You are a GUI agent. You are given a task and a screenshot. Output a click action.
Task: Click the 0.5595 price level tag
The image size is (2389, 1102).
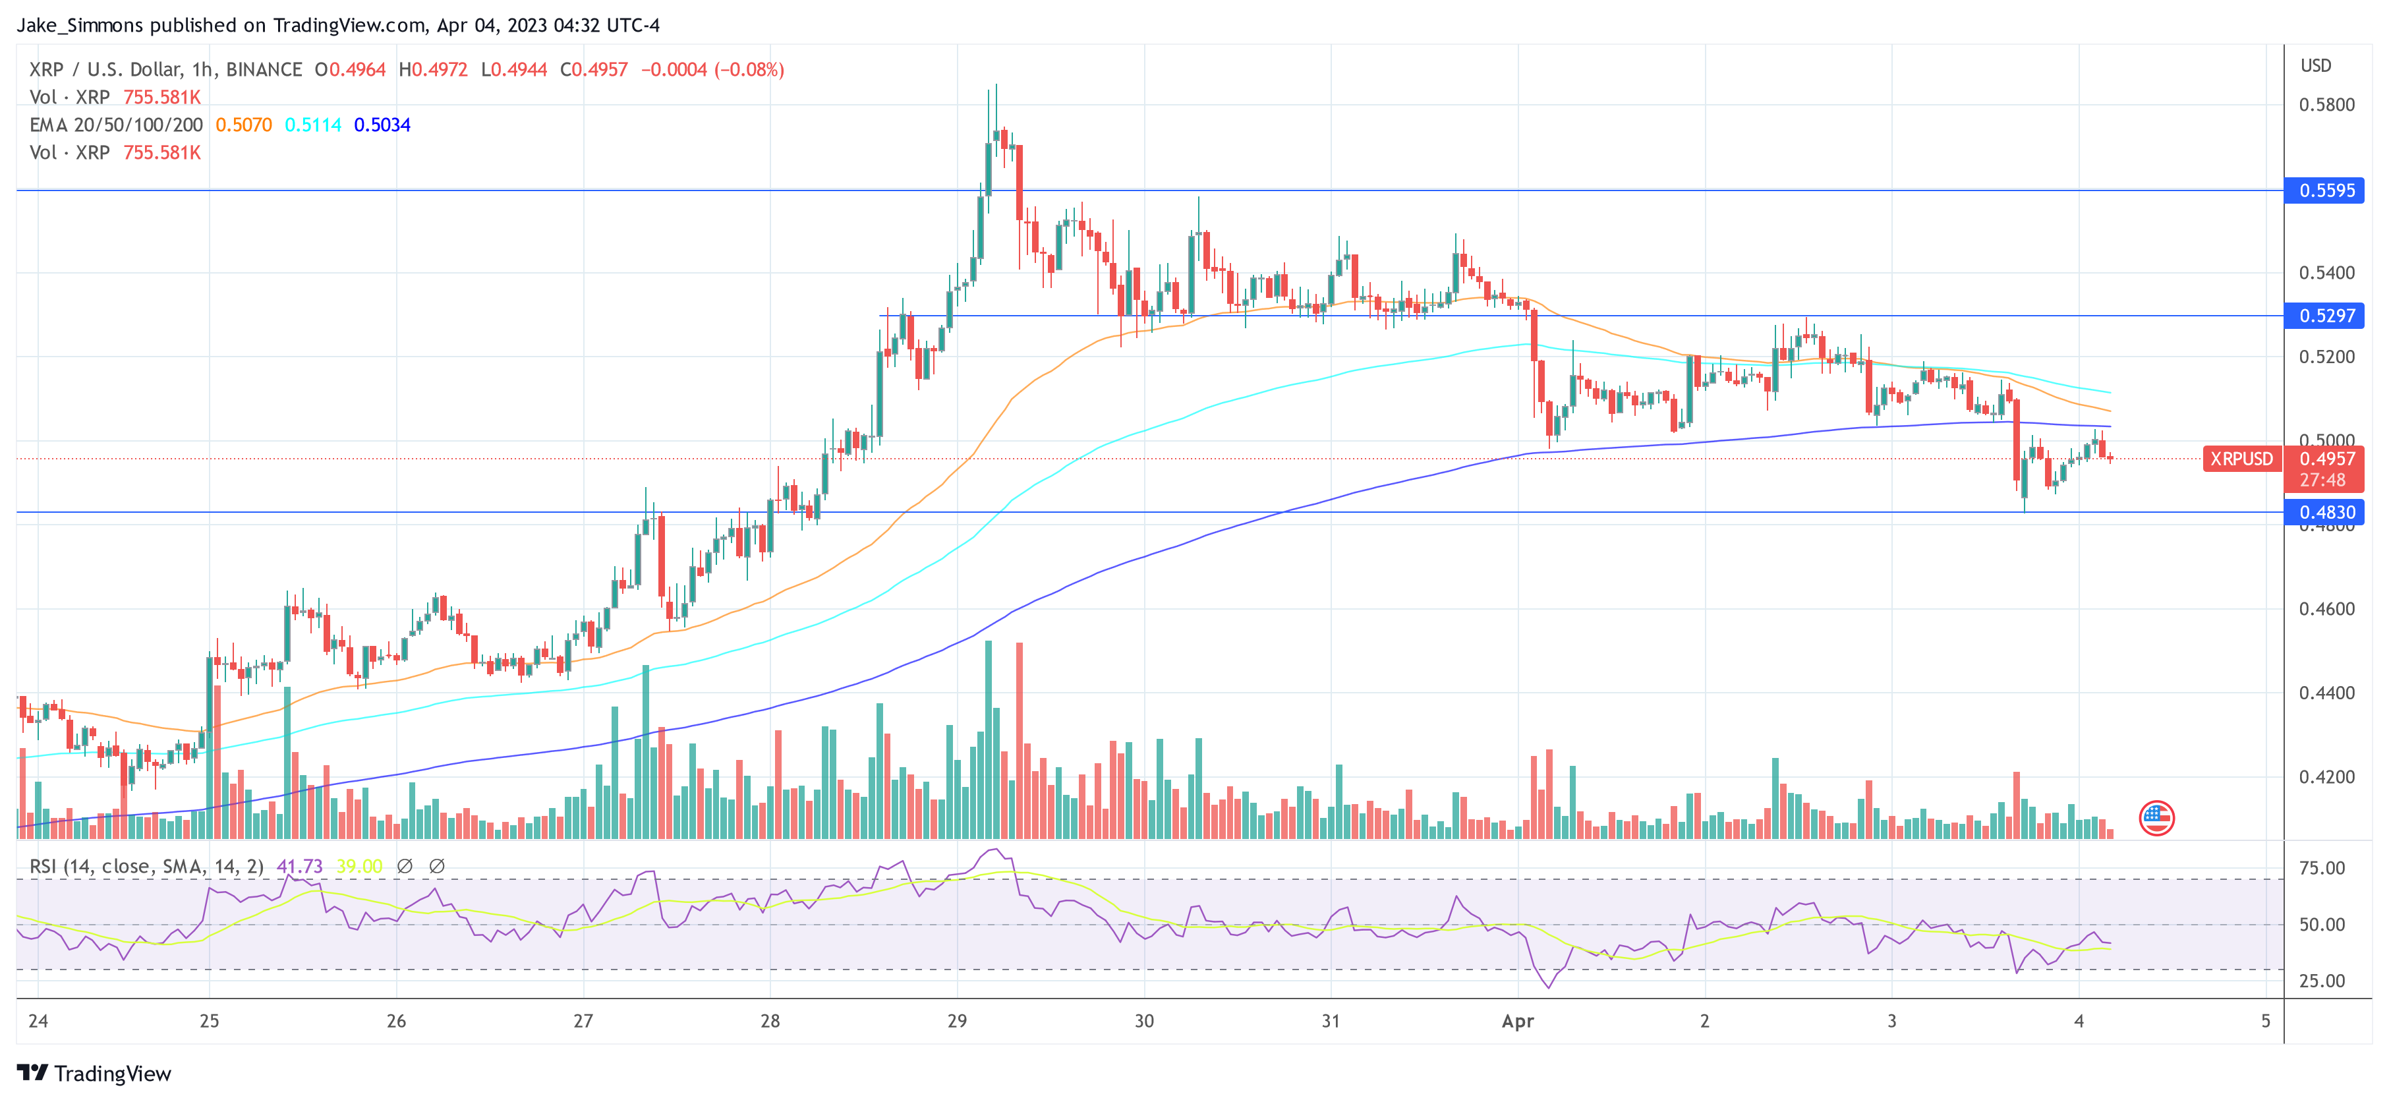[x=2325, y=190]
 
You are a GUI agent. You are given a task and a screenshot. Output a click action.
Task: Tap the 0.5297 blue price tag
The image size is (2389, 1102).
[x=2325, y=316]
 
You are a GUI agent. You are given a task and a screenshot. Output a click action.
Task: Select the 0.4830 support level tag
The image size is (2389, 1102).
[x=2325, y=512]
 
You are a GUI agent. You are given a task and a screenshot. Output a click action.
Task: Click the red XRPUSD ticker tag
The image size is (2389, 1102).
[x=2241, y=458]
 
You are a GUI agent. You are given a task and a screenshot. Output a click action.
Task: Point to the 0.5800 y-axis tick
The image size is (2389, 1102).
[x=2326, y=105]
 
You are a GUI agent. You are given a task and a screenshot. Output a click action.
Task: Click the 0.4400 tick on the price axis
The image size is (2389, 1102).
[x=2326, y=693]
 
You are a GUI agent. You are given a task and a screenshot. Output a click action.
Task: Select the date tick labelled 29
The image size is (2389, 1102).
[x=957, y=1022]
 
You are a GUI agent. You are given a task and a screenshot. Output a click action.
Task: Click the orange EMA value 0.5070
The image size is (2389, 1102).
[x=244, y=125]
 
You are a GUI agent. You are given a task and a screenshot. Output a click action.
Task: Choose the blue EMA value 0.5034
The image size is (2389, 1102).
[x=382, y=125]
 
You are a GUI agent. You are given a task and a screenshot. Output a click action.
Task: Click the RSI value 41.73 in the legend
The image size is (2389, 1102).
[x=300, y=867]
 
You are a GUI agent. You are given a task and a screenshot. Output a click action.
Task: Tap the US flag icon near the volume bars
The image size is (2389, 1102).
[x=2156, y=817]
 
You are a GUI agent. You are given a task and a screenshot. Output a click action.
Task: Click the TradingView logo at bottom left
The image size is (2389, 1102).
[x=95, y=1073]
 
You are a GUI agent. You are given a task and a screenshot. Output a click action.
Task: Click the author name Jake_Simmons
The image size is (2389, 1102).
[x=80, y=25]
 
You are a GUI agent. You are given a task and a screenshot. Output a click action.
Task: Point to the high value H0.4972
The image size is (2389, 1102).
[x=433, y=70]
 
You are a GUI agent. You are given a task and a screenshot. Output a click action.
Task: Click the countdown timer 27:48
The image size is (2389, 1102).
[x=2322, y=480]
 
